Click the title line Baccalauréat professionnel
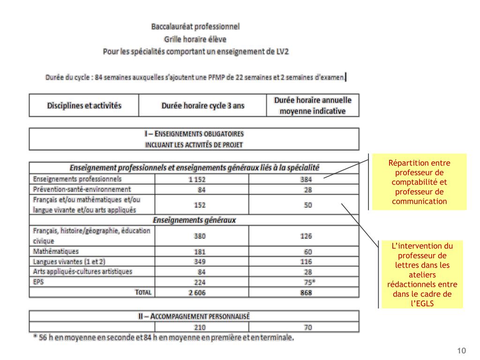tap(195, 27)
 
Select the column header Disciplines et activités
tap(84, 105)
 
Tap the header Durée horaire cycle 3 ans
tap(202, 105)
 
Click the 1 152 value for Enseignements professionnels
tap(197, 180)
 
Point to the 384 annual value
tap(306, 180)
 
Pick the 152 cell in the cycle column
tap(200, 205)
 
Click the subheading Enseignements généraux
tap(194, 220)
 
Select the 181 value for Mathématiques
tap(200, 252)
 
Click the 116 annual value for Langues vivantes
tap(306, 262)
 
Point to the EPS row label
tap(38, 281)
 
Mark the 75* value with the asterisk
tap(309, 282)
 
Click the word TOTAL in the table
tap(143, 292)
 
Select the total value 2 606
tap(197, 292)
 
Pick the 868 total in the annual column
tap(306, 292)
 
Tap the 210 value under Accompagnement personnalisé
tap(200, 327)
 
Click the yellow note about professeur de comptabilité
tap(419, 182)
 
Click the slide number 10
tap(462, 351)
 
